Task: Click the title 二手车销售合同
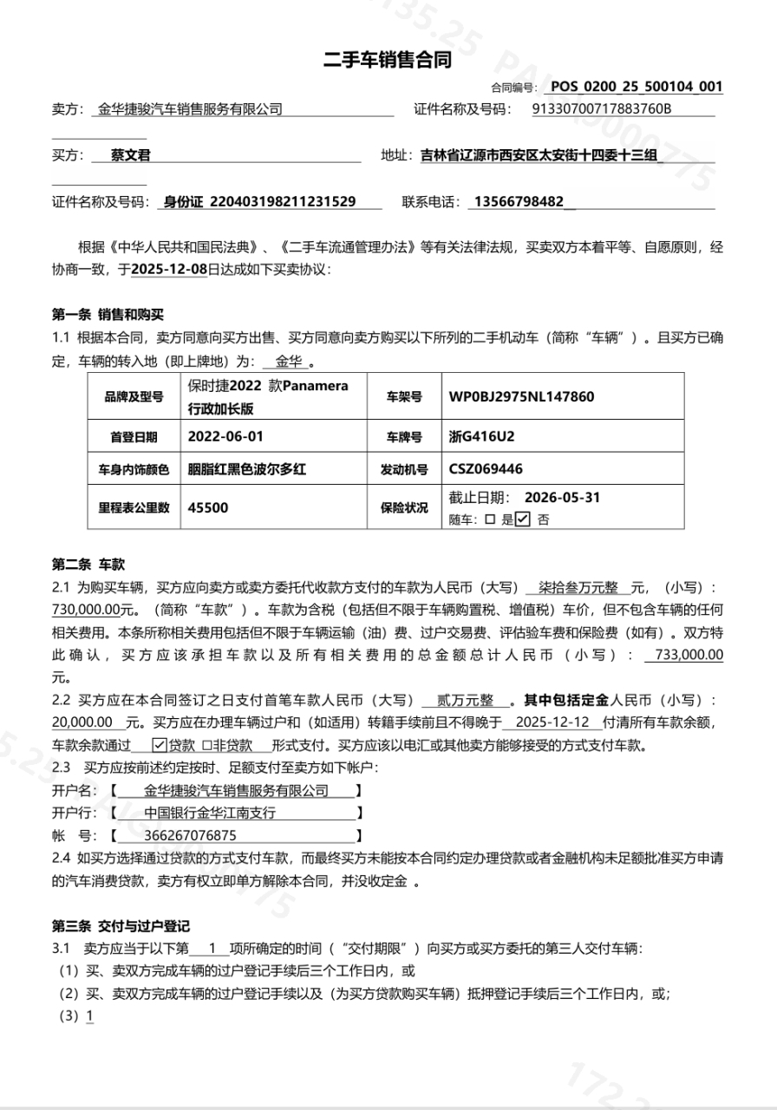tap(388, 61)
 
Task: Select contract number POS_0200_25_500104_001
tap(637, 87)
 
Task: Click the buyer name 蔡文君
tap(131, 156)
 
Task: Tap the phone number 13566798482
tap(517, 202)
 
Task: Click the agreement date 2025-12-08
tap(169, 269)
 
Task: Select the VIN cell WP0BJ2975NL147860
tap(521, 396)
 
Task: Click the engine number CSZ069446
tap(486, 469)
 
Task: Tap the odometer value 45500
tap(208, 507)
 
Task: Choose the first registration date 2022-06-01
tap(225, 435)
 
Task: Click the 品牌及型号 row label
tap(134, 396)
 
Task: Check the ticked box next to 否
tap(522, 520)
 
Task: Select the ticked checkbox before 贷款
tap(159, 745)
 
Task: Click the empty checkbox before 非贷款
tap(206, 745)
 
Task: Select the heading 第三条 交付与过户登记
tap(121, 926)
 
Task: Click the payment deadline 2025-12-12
tap(552, 722)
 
